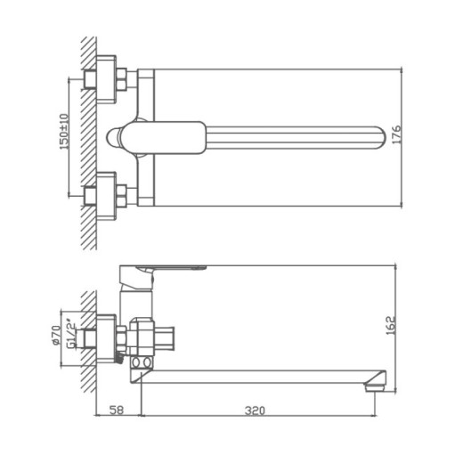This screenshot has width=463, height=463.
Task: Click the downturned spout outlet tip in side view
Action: coord(377,384)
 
